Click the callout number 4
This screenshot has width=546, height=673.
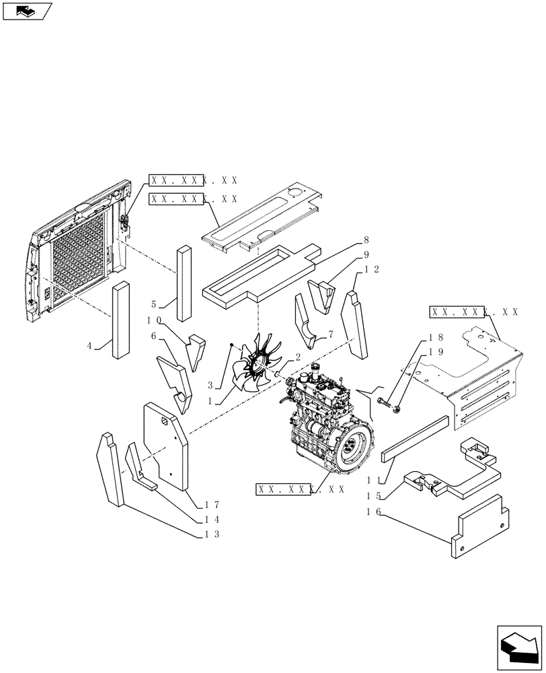point(89,346)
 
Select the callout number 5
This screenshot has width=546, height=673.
point(154,303)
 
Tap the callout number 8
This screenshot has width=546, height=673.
point(366,240)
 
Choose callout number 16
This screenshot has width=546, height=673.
point(374,512)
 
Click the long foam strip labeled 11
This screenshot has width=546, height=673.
point(414,438)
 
